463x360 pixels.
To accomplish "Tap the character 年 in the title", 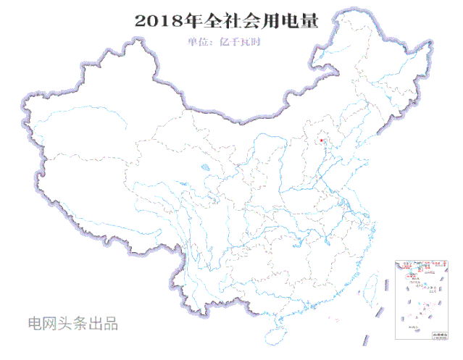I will (192, 20).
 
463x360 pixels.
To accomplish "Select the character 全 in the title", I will (213, 20).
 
